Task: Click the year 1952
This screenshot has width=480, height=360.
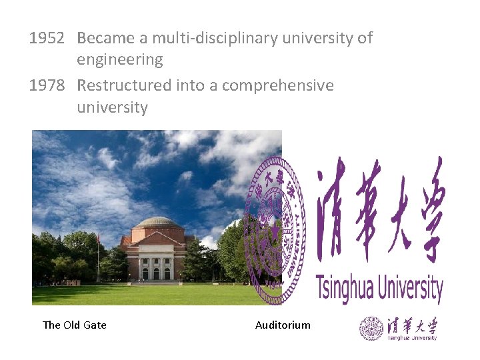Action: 46,38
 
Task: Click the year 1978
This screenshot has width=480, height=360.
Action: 46,85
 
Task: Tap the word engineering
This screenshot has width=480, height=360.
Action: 119,60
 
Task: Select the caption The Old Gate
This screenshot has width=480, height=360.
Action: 74,325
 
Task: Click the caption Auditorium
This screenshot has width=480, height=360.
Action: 283,325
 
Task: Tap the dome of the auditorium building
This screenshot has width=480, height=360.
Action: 156,223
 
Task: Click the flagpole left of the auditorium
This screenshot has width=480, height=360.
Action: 97,257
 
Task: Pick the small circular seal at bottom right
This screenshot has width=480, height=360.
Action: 371,329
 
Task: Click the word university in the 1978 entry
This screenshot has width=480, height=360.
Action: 112,107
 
